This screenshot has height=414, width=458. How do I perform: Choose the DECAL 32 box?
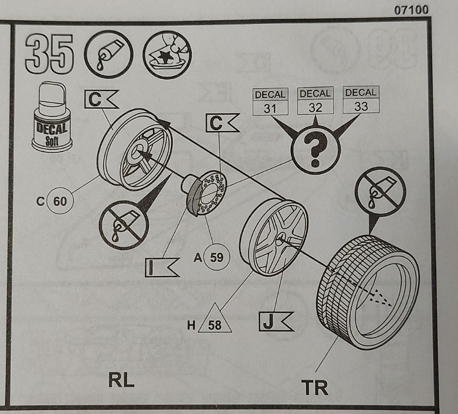pyautogui.click(x=315, y=100)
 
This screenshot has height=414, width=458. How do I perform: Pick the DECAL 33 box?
pyautogui.click(x=360, y=100)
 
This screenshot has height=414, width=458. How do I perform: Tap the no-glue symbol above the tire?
pyautogui.click(x=380, y=191)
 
